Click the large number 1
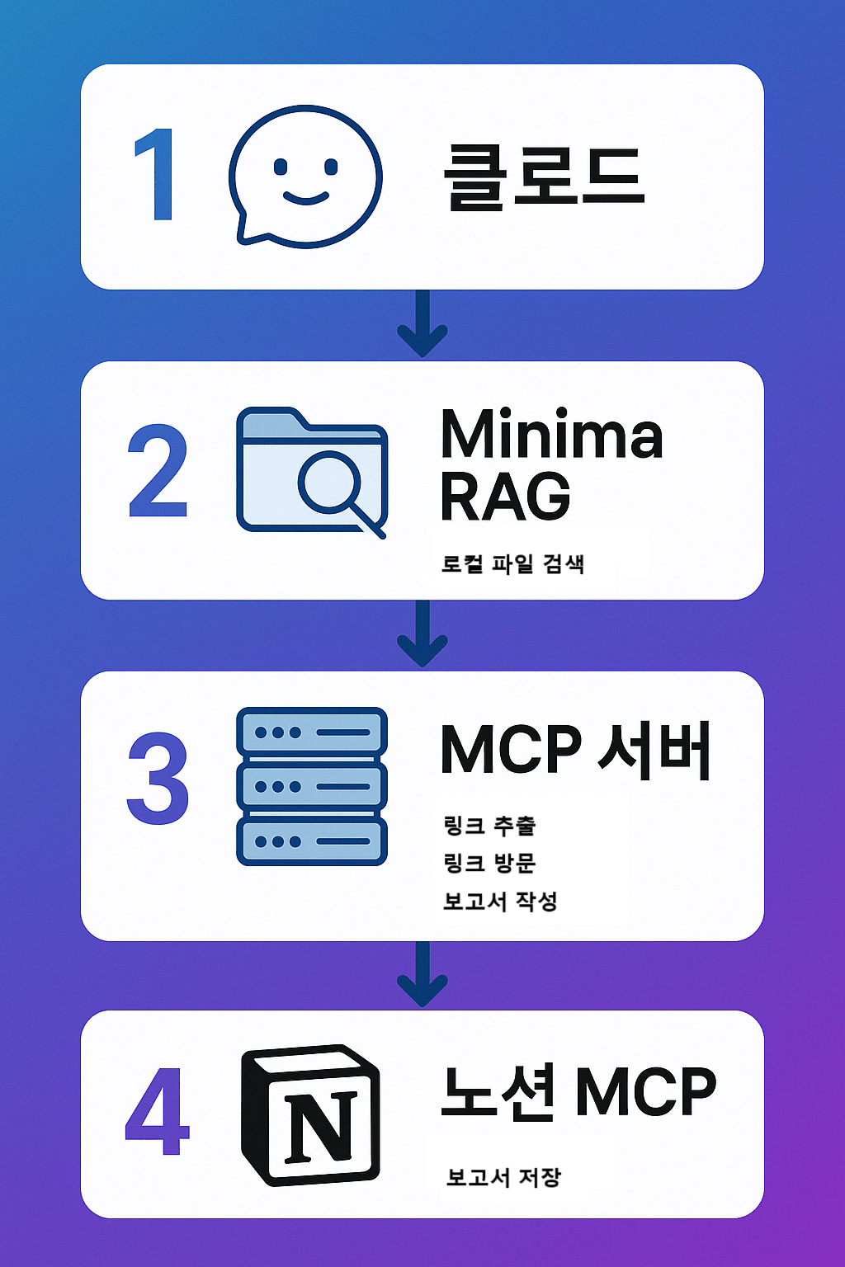(156, 175)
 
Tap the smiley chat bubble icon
(304, 176)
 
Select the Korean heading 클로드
(543, 177)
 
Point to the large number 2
(158, 472)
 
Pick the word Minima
(551, 435)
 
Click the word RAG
(505, 497)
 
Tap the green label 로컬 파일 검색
(513, 564)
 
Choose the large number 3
(158, 779)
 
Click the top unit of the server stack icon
(311, 732)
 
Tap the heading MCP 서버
(575, 751)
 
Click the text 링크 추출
(490, 825)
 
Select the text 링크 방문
(490, 863)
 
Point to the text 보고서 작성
(500, 901)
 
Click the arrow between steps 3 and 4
(422, 976)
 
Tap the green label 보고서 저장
(503, 1176)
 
